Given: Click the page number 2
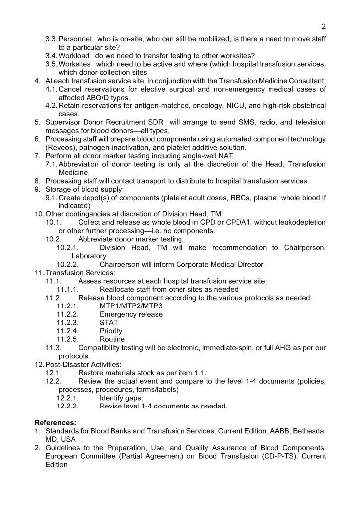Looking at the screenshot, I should (x=324, y=26).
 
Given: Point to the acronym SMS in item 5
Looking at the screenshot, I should (x=223, y=122).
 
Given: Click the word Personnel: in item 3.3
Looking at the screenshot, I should (x=76, y=39).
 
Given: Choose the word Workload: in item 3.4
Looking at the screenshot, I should (x=76, y=56).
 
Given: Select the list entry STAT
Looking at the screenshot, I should (x=109, y=322).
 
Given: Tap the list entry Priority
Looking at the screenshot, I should (x=111, y=331).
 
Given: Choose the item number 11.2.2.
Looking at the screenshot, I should (x=68, y=314).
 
